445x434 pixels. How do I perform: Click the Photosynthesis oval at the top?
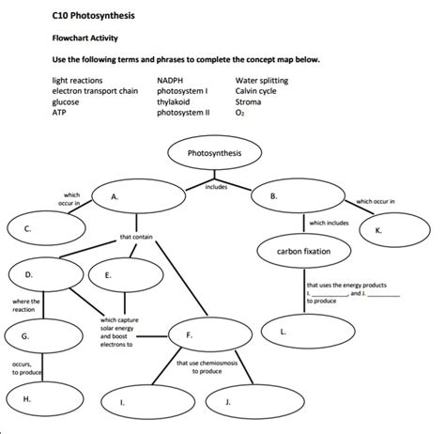click(214, 152)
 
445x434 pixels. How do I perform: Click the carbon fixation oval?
click(303, 252)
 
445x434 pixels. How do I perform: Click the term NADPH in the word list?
click(170, 82)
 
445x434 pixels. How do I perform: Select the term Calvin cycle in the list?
click(255, 91)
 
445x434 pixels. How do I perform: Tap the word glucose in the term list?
click(66, 101)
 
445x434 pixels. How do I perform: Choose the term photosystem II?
click(183, 111)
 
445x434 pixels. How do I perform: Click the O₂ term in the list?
click(240, 111)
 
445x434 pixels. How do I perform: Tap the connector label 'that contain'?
click(135, 237)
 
